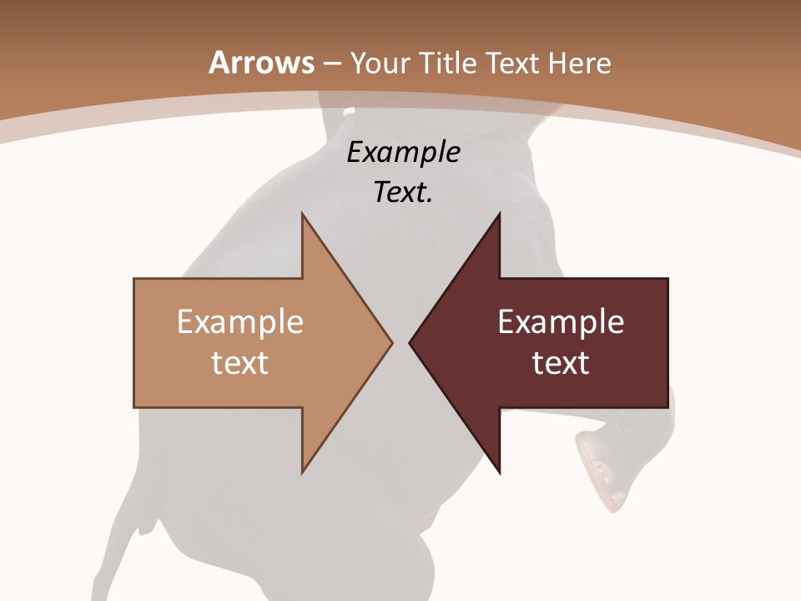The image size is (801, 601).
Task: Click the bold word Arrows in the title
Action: pos(262,63)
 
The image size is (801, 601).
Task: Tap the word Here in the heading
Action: pos(579,63)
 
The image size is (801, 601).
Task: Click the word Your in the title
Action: pos(380,63)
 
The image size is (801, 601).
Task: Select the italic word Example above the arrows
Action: pos(403,153)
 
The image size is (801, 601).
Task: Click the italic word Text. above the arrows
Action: pos(403,192)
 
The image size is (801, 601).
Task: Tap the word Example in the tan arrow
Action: pos(240,321)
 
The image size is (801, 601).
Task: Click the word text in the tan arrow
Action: pos(240,362)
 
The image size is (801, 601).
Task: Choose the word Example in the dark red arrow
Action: pos(561,321)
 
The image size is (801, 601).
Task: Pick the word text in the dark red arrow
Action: pos(561,362)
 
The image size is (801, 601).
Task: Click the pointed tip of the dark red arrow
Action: pos(411,342)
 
